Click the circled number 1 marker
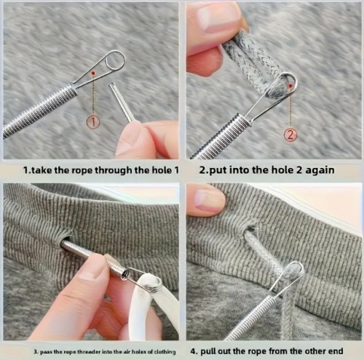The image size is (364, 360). pos(93,122)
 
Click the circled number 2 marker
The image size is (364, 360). pos(290,135)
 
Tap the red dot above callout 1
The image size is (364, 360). pos(93,73)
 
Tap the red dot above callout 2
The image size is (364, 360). pos(290,86)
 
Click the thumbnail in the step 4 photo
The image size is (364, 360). pos(209,199)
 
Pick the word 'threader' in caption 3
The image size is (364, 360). pos(90,351)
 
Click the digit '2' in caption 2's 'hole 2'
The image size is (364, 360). pos(299,170)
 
